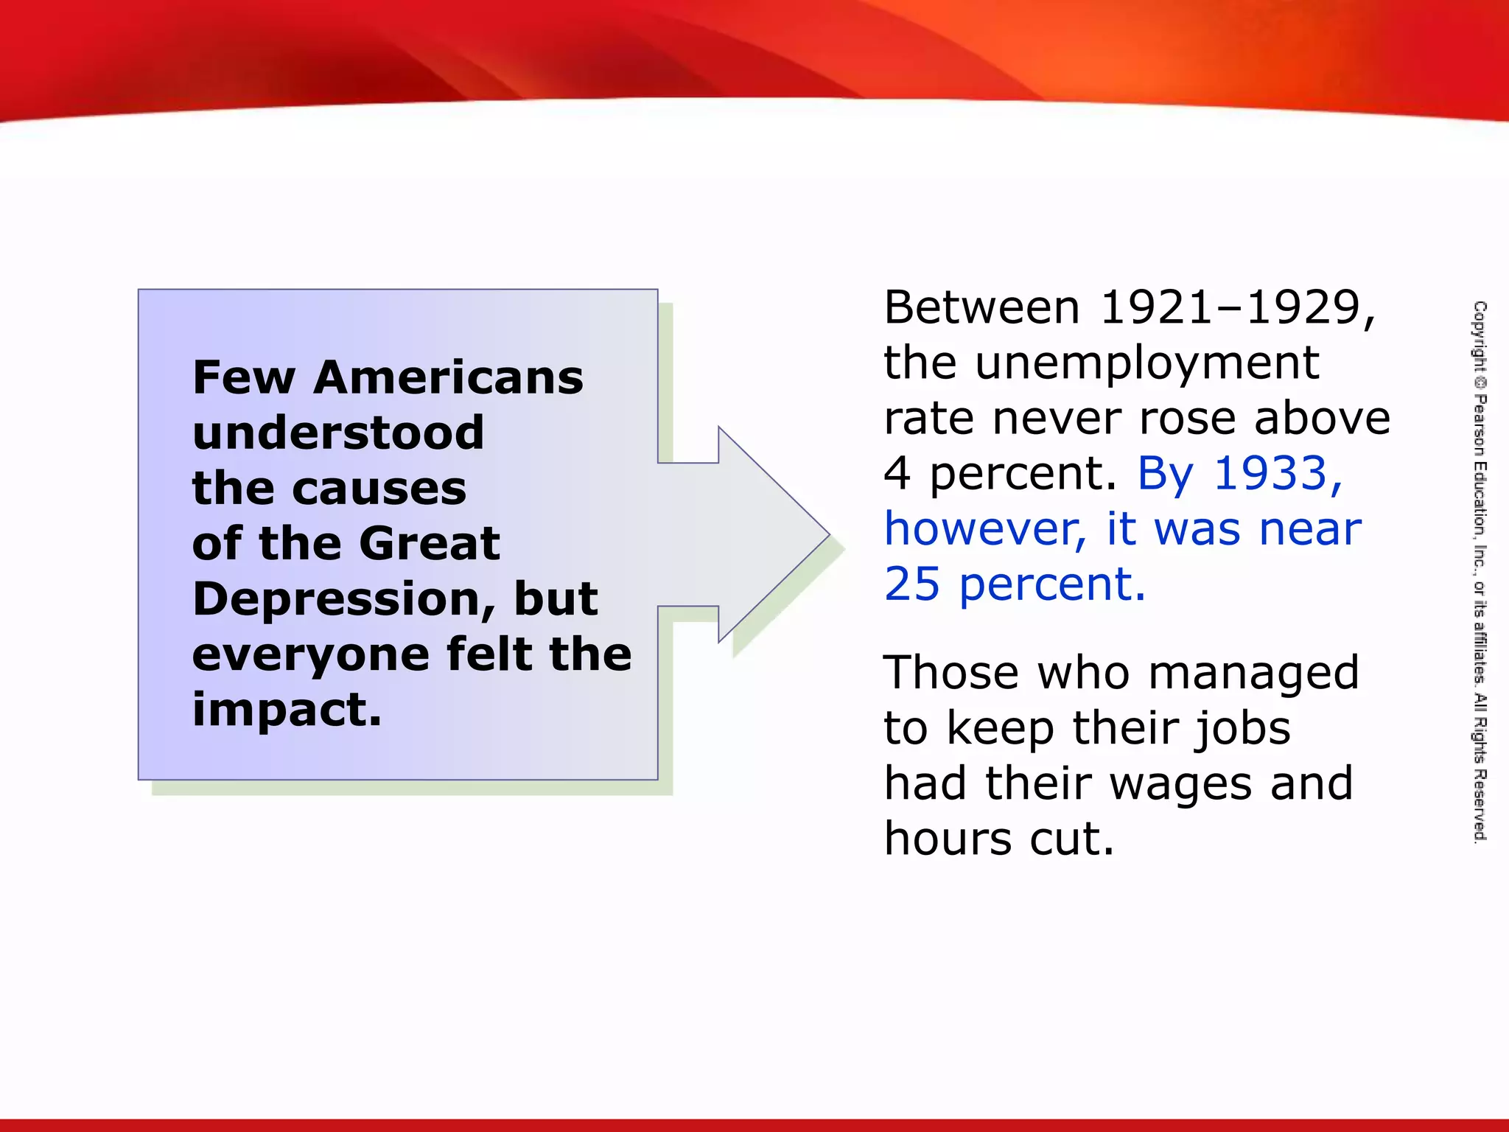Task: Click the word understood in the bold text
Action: coord(338,433)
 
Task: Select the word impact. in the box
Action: coord(287,710)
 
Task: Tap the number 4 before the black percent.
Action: coord(897,473)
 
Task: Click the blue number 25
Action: coord(912,584)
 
